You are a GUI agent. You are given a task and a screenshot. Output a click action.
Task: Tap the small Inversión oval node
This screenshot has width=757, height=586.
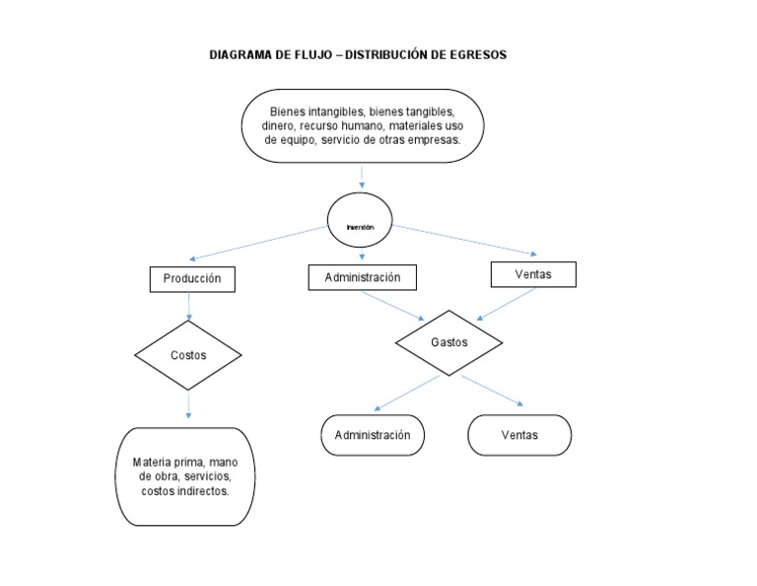point(361,226)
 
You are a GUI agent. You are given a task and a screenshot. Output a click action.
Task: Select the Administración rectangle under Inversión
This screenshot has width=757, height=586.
point(362,278)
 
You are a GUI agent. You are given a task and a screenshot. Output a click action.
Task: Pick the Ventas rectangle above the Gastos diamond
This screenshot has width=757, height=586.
point(533,274)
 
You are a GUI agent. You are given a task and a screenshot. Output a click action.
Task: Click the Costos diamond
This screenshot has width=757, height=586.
point(188,355)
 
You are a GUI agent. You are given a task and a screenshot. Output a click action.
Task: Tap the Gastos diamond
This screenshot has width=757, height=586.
point(448,342)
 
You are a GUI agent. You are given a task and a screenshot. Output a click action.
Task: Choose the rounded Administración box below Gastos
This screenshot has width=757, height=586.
point(373,435)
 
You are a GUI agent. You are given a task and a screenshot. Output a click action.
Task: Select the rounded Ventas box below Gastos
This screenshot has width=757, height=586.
point(518,435)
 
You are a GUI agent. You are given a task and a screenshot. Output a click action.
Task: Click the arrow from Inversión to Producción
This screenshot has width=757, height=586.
point(258,243)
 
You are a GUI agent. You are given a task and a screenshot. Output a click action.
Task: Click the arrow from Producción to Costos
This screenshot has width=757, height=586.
point(188,307)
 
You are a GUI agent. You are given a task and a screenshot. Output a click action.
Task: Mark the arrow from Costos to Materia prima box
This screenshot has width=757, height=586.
point(188,405)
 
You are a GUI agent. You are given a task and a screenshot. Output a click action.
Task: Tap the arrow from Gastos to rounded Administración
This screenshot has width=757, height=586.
point(406,393)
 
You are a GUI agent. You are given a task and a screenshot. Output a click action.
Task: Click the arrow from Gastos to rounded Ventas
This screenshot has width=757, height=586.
point(493,390)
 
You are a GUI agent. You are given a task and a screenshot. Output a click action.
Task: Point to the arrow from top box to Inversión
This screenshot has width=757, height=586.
point(363,177)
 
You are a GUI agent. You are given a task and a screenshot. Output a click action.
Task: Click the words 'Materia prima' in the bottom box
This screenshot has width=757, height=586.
point(170,463)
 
